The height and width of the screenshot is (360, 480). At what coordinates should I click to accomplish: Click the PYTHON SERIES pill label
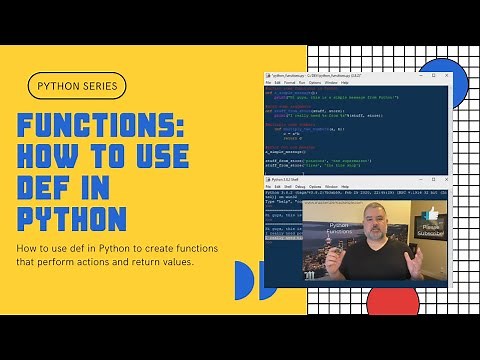click(x=77, y=86)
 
